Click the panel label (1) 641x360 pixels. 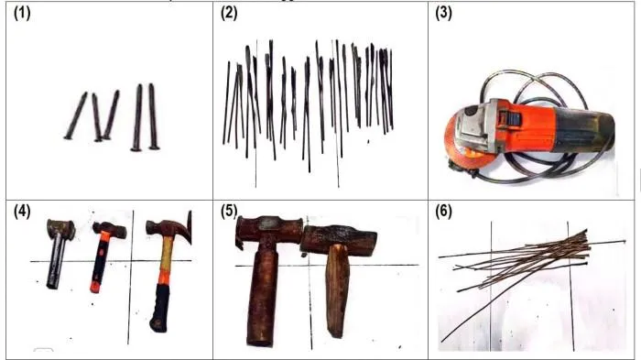22,13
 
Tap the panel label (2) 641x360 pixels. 229,13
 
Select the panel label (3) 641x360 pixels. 443,13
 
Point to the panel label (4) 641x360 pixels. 22,212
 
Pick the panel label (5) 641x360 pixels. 229,212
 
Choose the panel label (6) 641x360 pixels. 443,212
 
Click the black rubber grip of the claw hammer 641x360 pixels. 160,308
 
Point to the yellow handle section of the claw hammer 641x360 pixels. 166,257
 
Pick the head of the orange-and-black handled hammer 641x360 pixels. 110,230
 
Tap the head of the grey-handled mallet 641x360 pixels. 61,228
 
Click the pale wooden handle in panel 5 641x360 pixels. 337,290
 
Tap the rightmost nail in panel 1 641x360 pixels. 153,116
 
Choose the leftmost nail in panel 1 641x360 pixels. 76,115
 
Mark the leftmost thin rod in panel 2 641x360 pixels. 226,103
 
